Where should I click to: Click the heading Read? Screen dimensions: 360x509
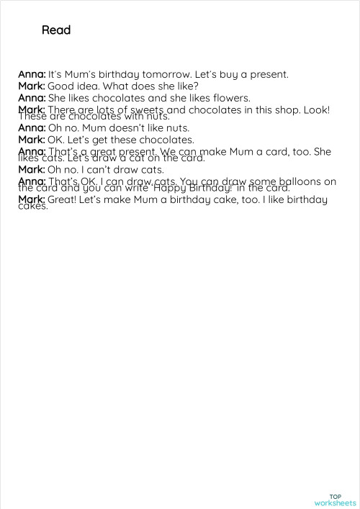pyautogui.click(x=56, y=30)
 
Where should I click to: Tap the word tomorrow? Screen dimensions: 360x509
pyautogui.click(x=166, y=74)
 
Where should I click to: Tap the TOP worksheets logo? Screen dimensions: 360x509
pyautogui.click(x=335, y=500)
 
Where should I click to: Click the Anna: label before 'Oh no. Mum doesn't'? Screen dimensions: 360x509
pyautogui.click(x=32, y=128)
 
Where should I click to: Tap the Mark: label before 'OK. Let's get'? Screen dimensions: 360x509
pyautogui.click(x=32, y=140)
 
